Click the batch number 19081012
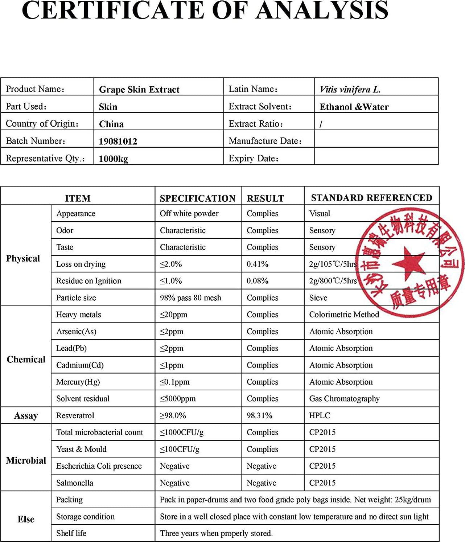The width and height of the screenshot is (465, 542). [118, 141]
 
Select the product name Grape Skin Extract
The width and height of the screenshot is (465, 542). [139, 90]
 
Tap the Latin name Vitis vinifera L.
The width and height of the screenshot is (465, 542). [350, 90]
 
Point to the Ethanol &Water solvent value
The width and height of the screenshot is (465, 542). [354, 107]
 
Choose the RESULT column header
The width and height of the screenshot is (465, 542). [265, 198]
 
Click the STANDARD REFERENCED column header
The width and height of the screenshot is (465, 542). [371, 198]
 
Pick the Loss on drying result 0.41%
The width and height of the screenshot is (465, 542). [258, 264]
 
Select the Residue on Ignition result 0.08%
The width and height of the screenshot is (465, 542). [258, 281]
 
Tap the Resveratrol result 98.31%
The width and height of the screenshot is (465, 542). [259, 415]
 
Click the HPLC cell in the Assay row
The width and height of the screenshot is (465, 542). [320, 415]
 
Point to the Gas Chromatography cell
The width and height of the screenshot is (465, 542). [344, 399]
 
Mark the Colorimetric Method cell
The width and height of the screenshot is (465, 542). [344, 315]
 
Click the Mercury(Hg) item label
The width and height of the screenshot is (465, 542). [78, 382]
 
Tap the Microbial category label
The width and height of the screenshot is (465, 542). [26, 460]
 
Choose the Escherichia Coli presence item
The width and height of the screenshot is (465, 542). [99, 466]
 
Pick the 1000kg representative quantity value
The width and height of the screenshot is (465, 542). [113, 159]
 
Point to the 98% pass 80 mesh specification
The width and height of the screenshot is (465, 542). [190, 298]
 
